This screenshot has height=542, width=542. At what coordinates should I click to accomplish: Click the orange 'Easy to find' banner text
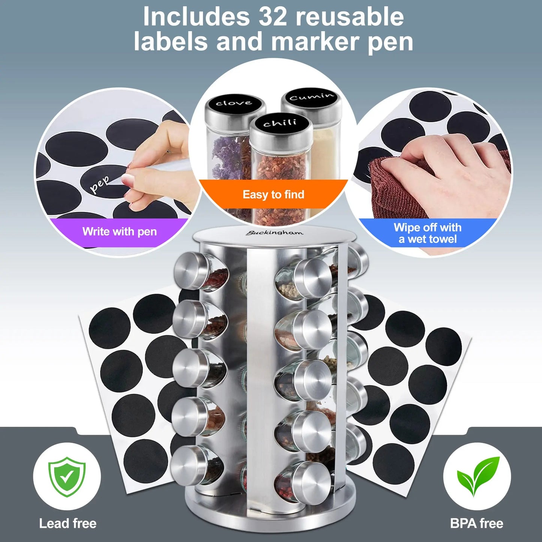[x=273, y=194]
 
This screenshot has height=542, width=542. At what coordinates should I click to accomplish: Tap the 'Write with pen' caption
[x=120, y=231]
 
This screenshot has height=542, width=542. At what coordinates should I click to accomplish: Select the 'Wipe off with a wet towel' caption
[x=428, y=233]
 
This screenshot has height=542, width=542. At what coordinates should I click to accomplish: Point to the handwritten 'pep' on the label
[x=99, y=184]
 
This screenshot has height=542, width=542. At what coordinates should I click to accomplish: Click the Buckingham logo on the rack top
[x=274, y=233]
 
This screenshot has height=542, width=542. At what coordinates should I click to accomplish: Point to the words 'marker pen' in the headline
[x=342, y=42]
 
